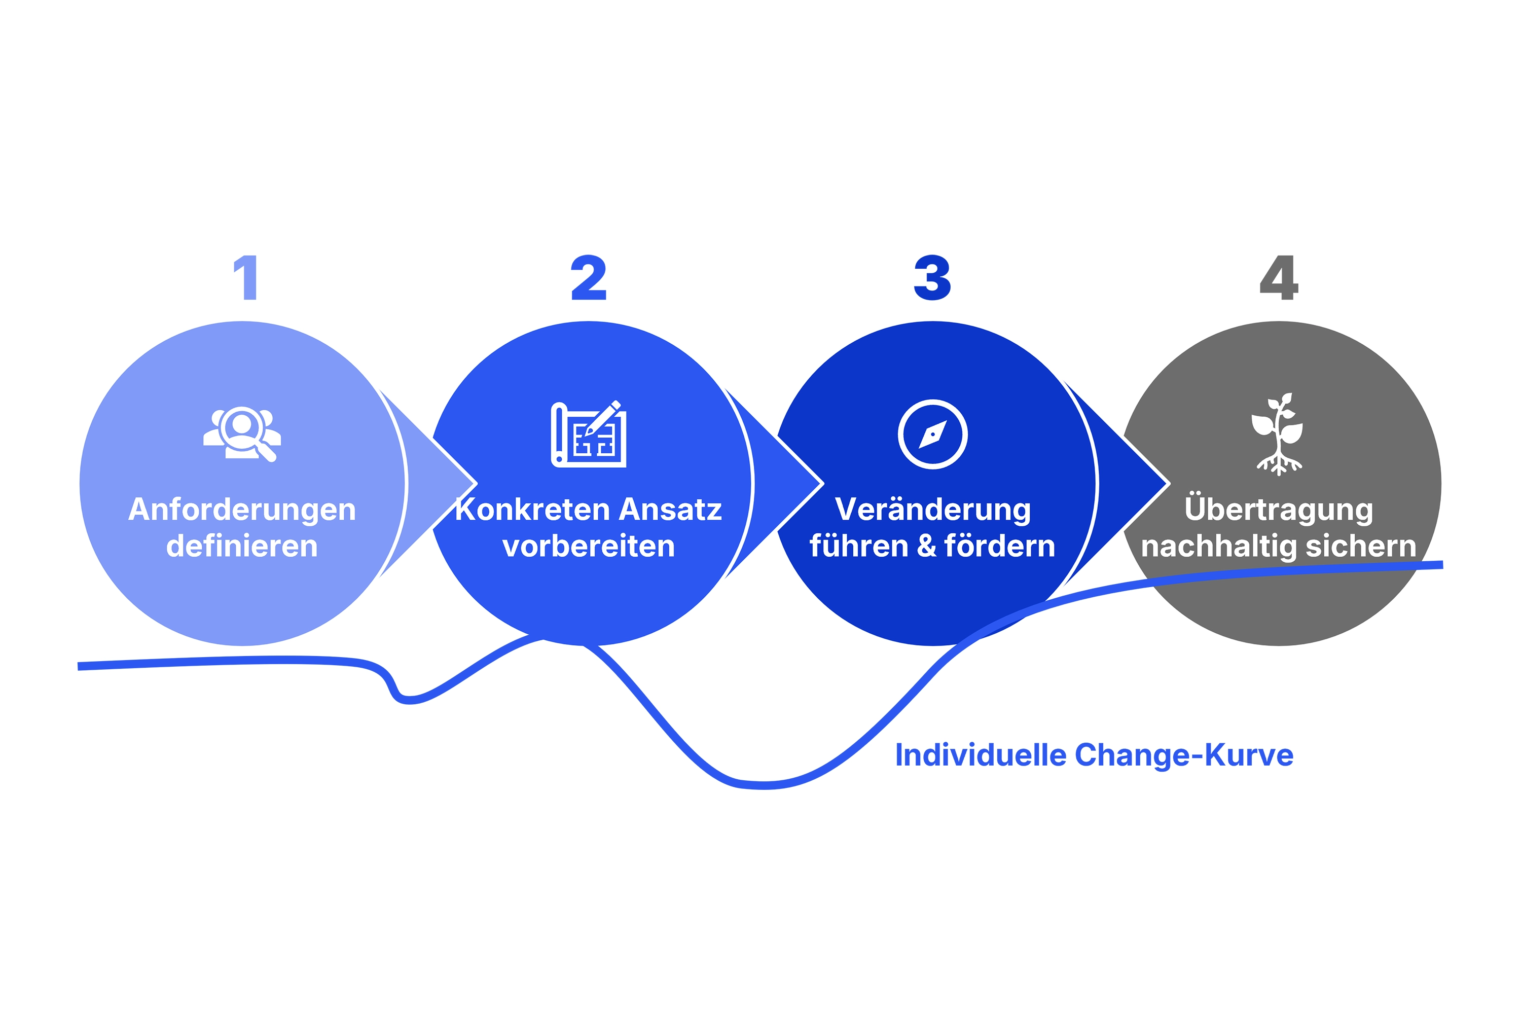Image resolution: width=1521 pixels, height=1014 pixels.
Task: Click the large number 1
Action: [246, 277]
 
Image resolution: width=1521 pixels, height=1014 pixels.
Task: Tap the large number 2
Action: [589, 277]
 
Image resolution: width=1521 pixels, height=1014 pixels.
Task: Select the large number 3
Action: [932, 277]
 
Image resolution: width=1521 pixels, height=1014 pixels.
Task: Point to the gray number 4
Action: [1279, 277]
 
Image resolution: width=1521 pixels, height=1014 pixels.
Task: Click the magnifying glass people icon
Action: [242, 434]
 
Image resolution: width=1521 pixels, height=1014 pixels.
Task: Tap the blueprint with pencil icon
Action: [589, 433]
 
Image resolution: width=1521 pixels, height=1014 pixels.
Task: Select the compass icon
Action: [932, 434]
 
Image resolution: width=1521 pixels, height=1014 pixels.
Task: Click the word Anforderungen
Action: [242, 510]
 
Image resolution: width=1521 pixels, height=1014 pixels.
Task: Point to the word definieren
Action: [242, 547]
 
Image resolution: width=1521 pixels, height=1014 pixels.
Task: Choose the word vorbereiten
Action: [589, 547]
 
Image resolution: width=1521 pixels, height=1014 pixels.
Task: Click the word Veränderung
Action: [932, 510]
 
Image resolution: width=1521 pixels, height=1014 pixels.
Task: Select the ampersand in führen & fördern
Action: [927, 547]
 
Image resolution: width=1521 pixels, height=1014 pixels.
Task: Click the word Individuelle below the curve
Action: [981, 755]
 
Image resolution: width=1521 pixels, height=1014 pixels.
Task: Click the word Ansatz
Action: [670, 510]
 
